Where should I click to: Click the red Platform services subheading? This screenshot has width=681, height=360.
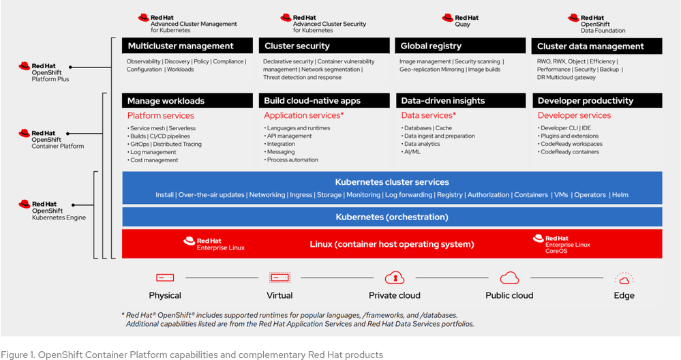(x=161, y=116)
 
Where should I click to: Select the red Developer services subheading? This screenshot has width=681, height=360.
(x=574, y=116)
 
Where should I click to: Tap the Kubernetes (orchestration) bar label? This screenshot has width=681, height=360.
(x=392, y=217)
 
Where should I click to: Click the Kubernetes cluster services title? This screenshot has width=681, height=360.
(x=392, y=182)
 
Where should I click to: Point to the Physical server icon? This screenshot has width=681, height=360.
(x=165, y=277)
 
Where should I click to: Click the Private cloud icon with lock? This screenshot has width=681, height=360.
(x=395, y=277)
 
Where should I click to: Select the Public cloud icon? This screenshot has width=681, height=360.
(x=510, y=277)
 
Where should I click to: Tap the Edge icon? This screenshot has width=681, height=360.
(x=624, y=278)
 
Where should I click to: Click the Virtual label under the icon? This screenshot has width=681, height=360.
(x=279, y=295)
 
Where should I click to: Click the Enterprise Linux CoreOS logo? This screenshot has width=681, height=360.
(x=562, y=243)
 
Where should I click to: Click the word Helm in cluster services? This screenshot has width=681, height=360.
(x=620, y=195)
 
